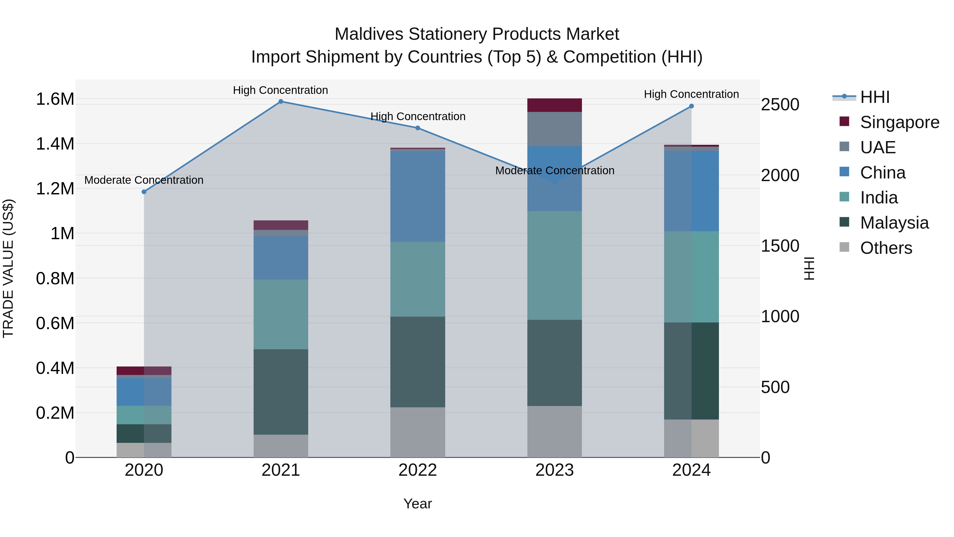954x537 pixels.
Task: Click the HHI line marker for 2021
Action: point(281,102)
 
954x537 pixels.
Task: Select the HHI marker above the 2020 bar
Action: point(144,192)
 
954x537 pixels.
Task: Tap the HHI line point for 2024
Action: point(691,106)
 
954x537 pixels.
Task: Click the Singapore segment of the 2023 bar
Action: point(554,105)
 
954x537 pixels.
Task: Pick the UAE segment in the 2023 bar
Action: point(554,129)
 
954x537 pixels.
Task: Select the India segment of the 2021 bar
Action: point(281,314)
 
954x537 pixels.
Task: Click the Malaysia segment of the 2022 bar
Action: point(418,362)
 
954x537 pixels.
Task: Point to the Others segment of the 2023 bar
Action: point(554,431)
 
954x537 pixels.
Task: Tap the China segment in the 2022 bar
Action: point(418,197)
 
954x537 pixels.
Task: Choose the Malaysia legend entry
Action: point(894,223)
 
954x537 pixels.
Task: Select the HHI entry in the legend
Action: point(874,97)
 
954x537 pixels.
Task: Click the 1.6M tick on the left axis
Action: point(55,99)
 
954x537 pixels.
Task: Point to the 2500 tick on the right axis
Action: point(780,104)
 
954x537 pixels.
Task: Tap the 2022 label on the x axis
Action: point(418,470)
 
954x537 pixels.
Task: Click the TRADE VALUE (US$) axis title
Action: point(8,268)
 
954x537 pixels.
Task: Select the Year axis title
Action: point(417,504)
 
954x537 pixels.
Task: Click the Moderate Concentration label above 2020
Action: point(144,180)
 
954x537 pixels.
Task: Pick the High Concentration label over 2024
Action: point(691,94)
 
